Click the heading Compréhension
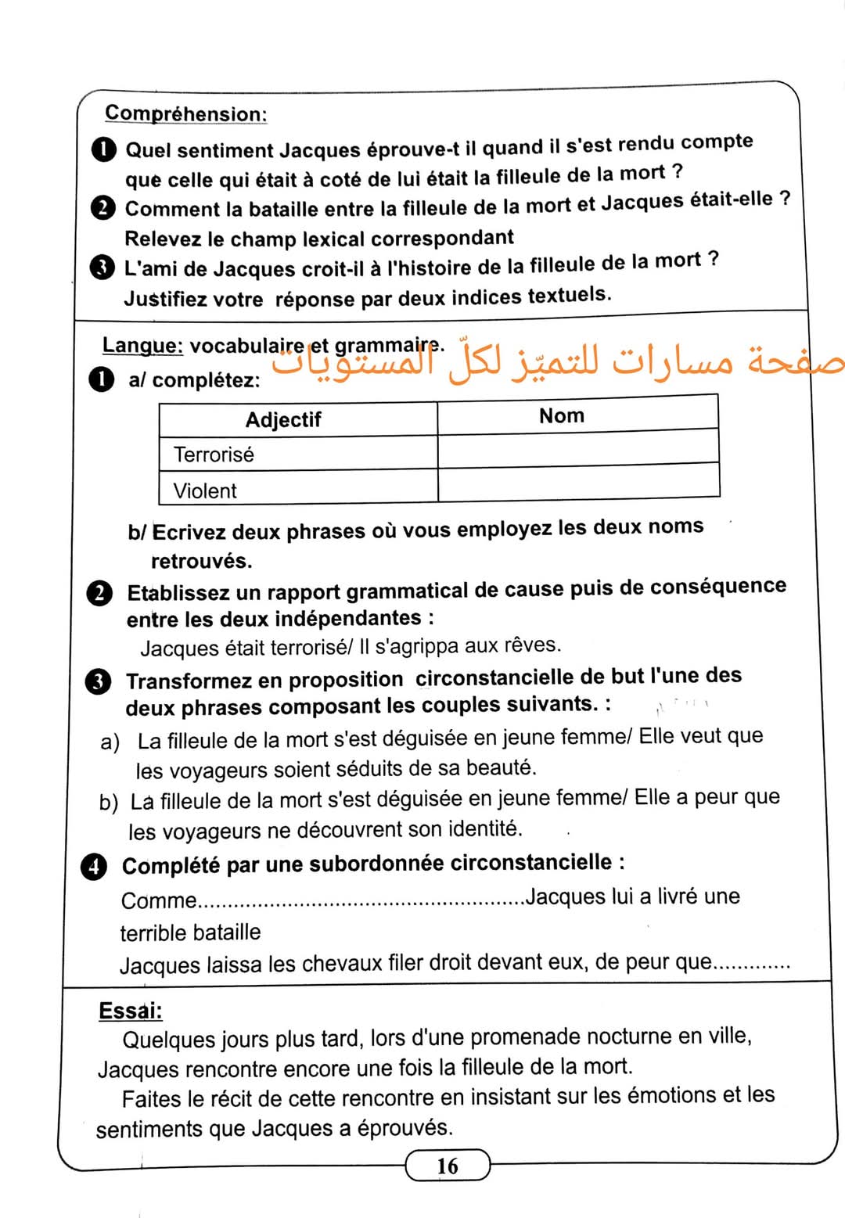[x=185, y=113]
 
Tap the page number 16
[x=448, y=1166]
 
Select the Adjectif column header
[x=283, y=420]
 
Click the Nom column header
[x=562, y=415]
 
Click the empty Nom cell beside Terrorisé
[x=577, y=449]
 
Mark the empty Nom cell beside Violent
[x=577, y=482]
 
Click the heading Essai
[x=130, y=1011]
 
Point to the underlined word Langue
[x=142, y=345]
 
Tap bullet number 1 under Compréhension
[x=104, y=149]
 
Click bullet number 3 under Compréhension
[x=102, y=268]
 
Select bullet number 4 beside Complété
[x=94, y=867]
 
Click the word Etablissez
[x=178, y=593]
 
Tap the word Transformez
[x=186, y=681]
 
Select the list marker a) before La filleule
[x=110, y=742]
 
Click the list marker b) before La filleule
[x=109, y=803]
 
